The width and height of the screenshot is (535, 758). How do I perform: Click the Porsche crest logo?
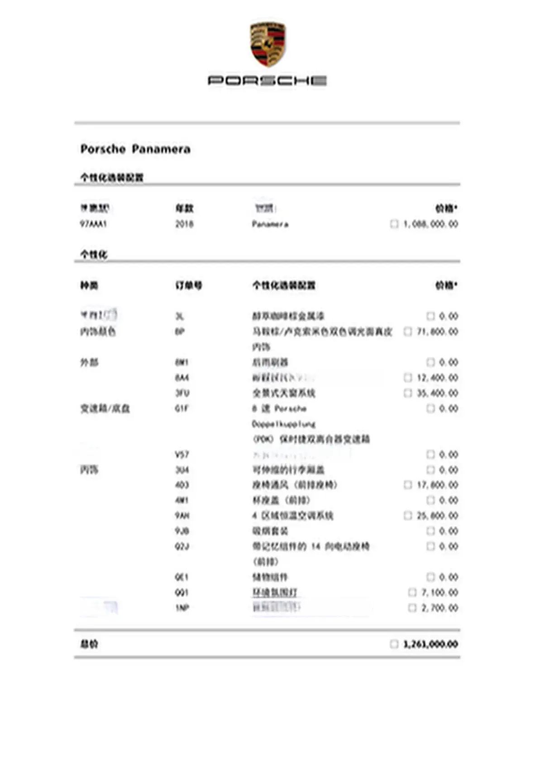(267, 44)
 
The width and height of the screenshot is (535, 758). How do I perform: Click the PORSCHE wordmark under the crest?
(267, 81)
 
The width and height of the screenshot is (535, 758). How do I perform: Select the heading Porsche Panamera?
(135, 149)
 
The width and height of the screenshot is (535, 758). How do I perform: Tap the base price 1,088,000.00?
(430, 224)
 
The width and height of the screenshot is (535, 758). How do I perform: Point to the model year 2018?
(184, 224)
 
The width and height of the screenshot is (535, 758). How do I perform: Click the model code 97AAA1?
(93, 224)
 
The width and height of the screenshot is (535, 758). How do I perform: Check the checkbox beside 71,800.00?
(407, 332)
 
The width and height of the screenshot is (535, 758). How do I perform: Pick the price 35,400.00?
(437, 393)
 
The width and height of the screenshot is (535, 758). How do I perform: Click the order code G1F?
(182, 408)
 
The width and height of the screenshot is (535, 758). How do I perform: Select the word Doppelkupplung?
(283, 424)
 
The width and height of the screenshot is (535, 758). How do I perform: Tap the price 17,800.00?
(437, 485)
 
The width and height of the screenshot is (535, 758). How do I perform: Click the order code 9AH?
(182, 516)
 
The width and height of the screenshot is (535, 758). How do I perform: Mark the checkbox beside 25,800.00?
(407, 516)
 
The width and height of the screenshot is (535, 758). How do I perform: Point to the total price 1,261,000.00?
(430, 644)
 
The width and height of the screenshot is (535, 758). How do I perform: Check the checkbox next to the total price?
(394, 644)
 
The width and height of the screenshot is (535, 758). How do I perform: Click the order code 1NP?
(182, 608)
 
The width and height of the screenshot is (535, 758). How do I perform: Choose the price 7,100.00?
(439, 592)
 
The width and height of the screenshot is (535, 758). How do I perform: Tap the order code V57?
(182, 455)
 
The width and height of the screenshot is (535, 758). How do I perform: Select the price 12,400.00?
(437, 377)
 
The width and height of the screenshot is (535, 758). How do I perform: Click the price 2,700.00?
(439, 608)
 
